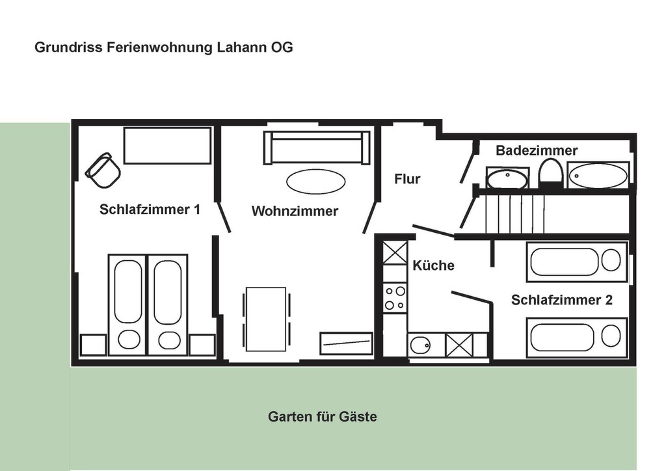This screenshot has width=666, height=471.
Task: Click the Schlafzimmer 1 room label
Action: (150, 209)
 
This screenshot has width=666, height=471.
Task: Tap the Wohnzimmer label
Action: (295, 211)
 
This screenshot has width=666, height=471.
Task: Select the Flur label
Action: (407, 179)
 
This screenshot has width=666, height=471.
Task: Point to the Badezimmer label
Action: (537, 150)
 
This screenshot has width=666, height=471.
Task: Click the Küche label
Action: (433, 265)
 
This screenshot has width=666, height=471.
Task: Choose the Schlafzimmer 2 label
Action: (561, 300)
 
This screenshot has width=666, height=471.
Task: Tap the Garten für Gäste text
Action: (323, 416)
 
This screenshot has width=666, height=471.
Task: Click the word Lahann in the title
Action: (242, 47)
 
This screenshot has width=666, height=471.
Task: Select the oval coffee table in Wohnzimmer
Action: (315, 182)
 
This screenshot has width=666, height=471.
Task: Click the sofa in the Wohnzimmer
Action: (317, 148)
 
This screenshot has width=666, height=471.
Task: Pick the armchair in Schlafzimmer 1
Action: (103, 170)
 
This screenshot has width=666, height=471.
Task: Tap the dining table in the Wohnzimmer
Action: (266, 319)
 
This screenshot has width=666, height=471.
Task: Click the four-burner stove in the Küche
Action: (395, 298)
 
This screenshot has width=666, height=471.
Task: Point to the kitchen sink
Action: (420, 345)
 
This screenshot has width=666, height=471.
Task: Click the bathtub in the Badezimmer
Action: (598, 175)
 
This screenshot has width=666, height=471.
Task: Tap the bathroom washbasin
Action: (507, 178)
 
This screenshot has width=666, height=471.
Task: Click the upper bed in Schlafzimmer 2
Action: (577, 262)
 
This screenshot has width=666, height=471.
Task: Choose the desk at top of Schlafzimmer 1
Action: (167, 145)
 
